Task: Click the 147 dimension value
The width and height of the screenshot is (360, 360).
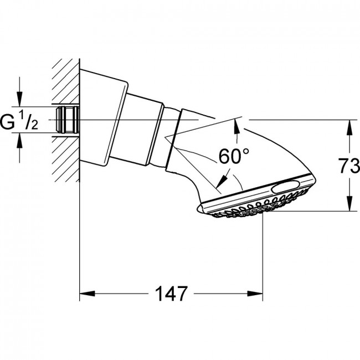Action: point(171,294)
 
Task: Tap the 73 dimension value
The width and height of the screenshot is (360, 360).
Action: point(349,165)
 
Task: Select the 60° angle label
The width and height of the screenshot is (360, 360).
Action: point(234,156)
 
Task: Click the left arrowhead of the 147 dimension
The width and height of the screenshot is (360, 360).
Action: point(88,294)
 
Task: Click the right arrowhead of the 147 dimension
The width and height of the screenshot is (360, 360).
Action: point(255,294)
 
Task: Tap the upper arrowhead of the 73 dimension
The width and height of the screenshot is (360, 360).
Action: point(349,127)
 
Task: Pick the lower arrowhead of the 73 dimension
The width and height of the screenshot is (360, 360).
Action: point(349,203)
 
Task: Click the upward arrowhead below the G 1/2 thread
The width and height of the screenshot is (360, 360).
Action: point(20,140)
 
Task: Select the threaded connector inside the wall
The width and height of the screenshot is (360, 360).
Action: point(68,120)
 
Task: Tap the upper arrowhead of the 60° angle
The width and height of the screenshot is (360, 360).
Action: point(236,126)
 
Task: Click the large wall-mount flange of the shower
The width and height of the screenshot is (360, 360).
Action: point(103,117)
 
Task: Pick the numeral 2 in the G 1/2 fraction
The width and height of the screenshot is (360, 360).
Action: point(34,125)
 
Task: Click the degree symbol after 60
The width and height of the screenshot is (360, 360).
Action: point(246,152)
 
